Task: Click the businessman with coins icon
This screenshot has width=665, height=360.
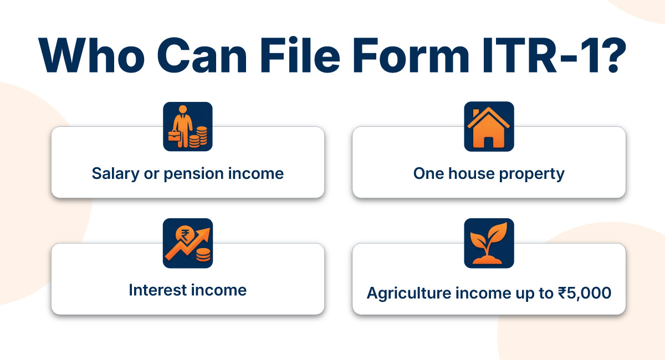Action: click(x=188, y=127)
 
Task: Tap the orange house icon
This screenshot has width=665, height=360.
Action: click(x=489, y=127)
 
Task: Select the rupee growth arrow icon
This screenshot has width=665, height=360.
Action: click(x=188, y=243)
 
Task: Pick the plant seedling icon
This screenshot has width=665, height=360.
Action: click(x=489, y=243)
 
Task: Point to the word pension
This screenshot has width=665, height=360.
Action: click(x=191, y=174)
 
